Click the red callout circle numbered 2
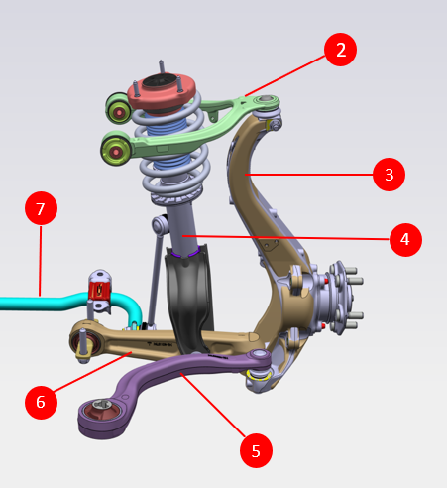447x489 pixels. pyautogui.click(x=340, y=50)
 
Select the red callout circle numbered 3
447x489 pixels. pyautogui.click(x=389, y=175)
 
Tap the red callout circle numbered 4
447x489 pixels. pyautogui.click(x=405, y=240)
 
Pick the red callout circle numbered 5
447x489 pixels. pyautogui.click(x=256, y=450)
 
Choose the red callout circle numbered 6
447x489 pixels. pyautogui.click(x=41, y=403)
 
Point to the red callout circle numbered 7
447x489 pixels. pyautogui.click(x=41, y=208)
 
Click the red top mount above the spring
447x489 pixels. pyautogui.click(x=162, y=91)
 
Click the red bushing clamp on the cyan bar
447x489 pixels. pyautogui.click(x=99, y=290)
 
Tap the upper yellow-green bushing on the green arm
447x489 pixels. pyautogui.click(x=119, y=109)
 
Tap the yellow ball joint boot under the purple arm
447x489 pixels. pyautogui.click(x=260, y=375)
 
